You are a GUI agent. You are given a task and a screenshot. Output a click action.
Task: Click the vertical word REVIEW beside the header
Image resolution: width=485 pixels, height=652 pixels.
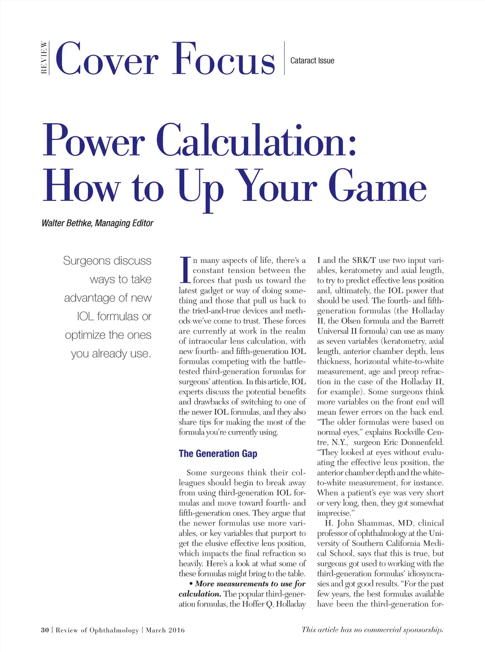pos(44,58)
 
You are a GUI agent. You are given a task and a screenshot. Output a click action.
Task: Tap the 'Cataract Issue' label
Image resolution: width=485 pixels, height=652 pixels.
pos(312,61)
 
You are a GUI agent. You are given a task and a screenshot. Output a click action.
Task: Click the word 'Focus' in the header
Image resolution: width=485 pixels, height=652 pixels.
pos(224,59)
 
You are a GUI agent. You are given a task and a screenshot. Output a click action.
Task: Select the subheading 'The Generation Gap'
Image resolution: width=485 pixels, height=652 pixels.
pos(218,453)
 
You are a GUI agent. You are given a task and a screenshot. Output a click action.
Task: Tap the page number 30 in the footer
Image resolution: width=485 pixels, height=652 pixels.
pos(45,630)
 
